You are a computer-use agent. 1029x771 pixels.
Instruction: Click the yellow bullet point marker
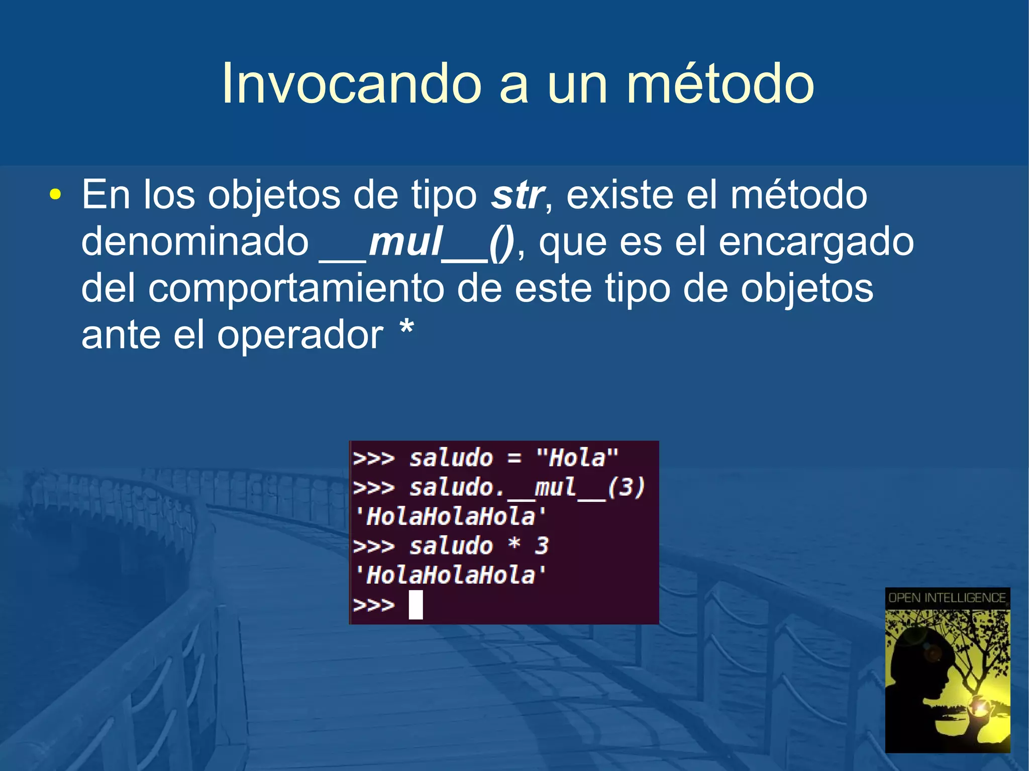tap(55, 195)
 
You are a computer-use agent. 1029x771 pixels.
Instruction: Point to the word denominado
tap(195, 242)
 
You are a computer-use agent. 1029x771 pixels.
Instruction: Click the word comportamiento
tap(296, 289)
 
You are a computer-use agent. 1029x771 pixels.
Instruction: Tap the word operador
tap(300, 336)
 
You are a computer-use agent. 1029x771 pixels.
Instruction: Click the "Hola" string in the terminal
tap(577, 458)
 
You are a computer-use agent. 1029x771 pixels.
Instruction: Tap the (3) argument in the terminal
tap(626, 487)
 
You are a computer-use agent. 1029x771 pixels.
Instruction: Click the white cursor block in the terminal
tap(416, 604)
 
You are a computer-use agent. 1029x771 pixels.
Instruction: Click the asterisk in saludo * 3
tap(513, 544)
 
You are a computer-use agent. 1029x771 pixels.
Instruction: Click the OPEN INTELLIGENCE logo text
tap(947, 598)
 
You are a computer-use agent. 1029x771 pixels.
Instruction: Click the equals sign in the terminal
tap(513, 458)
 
